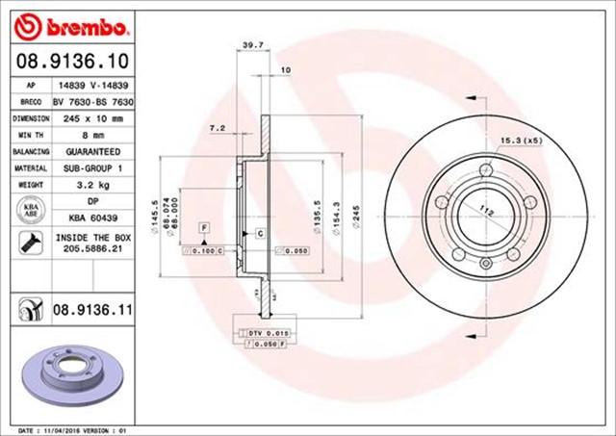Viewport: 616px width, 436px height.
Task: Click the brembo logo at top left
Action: [68, 23]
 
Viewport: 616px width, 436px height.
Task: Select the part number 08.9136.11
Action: [92, 310]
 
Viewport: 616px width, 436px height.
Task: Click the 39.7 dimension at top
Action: [253, 44]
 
